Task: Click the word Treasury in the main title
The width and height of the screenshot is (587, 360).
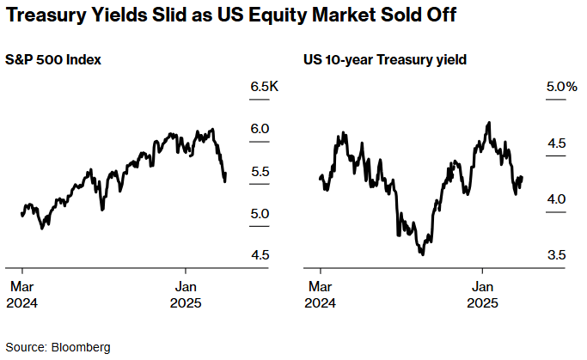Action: click(53, 16)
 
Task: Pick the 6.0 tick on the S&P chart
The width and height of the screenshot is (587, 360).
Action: click(260, 129)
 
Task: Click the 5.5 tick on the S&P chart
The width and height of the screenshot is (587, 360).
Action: click(260, 171)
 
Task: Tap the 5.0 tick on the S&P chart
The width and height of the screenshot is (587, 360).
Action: click(260, 213)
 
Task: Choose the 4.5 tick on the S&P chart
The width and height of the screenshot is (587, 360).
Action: click(260, 254)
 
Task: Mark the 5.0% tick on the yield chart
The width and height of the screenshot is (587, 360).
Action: click(559, 87)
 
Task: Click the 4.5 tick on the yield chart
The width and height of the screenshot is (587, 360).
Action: click(557, 143)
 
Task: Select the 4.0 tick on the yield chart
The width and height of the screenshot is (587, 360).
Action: click(557, 198)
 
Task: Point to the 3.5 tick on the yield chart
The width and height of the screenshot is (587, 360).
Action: click(557, 254)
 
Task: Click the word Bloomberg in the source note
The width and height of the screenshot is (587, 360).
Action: click(81, 347)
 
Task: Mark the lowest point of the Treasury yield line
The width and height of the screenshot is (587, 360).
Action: click(423, 253)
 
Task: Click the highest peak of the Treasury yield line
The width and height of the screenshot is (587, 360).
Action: click(488, 123)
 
